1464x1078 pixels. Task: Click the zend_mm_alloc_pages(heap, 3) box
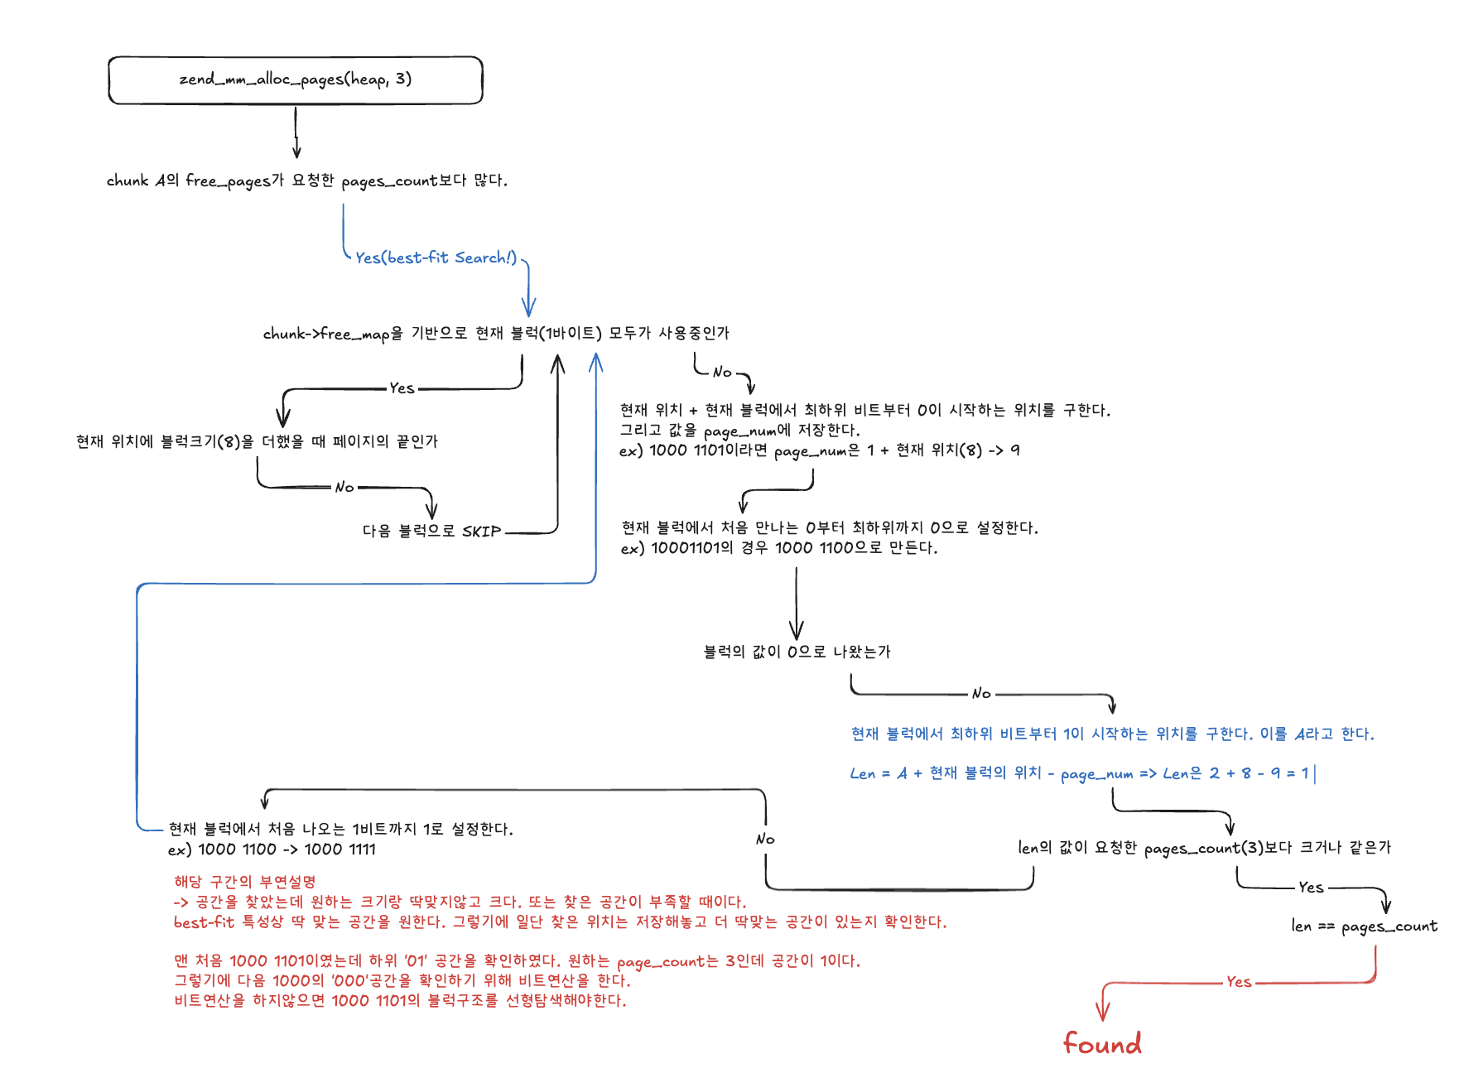point(295,80)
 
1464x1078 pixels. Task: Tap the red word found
point(1102,1043)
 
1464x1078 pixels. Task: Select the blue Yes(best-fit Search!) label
point(436,257)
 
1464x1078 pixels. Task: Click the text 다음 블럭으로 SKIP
point(431,531)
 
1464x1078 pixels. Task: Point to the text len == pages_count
point(1364,926)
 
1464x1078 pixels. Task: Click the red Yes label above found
point(1239,982)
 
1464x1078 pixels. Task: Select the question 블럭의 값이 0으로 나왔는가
point(797,652)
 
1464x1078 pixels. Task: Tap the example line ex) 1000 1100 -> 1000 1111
point(272,849)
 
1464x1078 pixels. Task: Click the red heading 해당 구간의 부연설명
point(244,882)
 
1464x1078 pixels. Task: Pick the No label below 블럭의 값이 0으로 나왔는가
point(981,693)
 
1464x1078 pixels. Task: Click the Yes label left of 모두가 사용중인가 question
point(402,388)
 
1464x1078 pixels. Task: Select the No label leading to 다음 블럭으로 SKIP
point(344,487)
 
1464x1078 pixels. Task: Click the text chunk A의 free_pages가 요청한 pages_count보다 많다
point(306,180)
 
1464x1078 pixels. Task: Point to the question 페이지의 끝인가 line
point(257,441)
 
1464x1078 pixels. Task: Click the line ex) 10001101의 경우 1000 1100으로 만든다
point(779,548)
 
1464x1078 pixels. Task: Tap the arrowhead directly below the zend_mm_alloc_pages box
point(296,153)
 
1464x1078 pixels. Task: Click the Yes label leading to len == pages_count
point(1311,888)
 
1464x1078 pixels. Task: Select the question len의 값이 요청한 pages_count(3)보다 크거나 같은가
point(1204,848)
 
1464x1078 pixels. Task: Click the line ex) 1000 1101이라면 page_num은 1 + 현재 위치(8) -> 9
point(819,450)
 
